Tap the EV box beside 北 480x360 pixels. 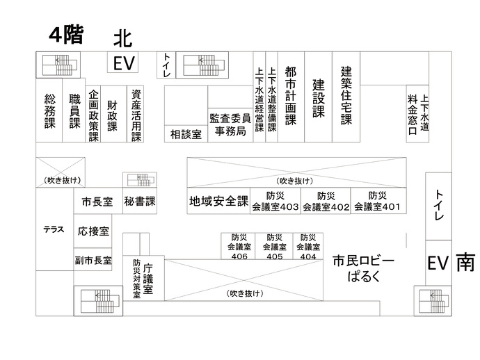click(x=125, y=63)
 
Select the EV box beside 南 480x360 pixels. click(x=436, y=263)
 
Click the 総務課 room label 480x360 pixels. click(x=49, y=111)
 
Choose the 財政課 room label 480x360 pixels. click(x=112, y=115)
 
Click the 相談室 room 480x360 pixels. click(x=186, y=134)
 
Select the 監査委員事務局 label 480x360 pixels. click(x=230, y=124)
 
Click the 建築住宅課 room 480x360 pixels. click(x=346, y=95)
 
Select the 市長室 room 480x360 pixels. click(x=97, y=202)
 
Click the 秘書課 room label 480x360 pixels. click(x=140, y=202)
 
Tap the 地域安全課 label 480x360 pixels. click(x=218, y=202)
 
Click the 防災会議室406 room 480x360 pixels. click(x=239, y=246)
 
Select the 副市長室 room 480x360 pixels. click(x=93, y=261)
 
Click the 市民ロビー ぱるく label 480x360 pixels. click(x=363, y=268)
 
